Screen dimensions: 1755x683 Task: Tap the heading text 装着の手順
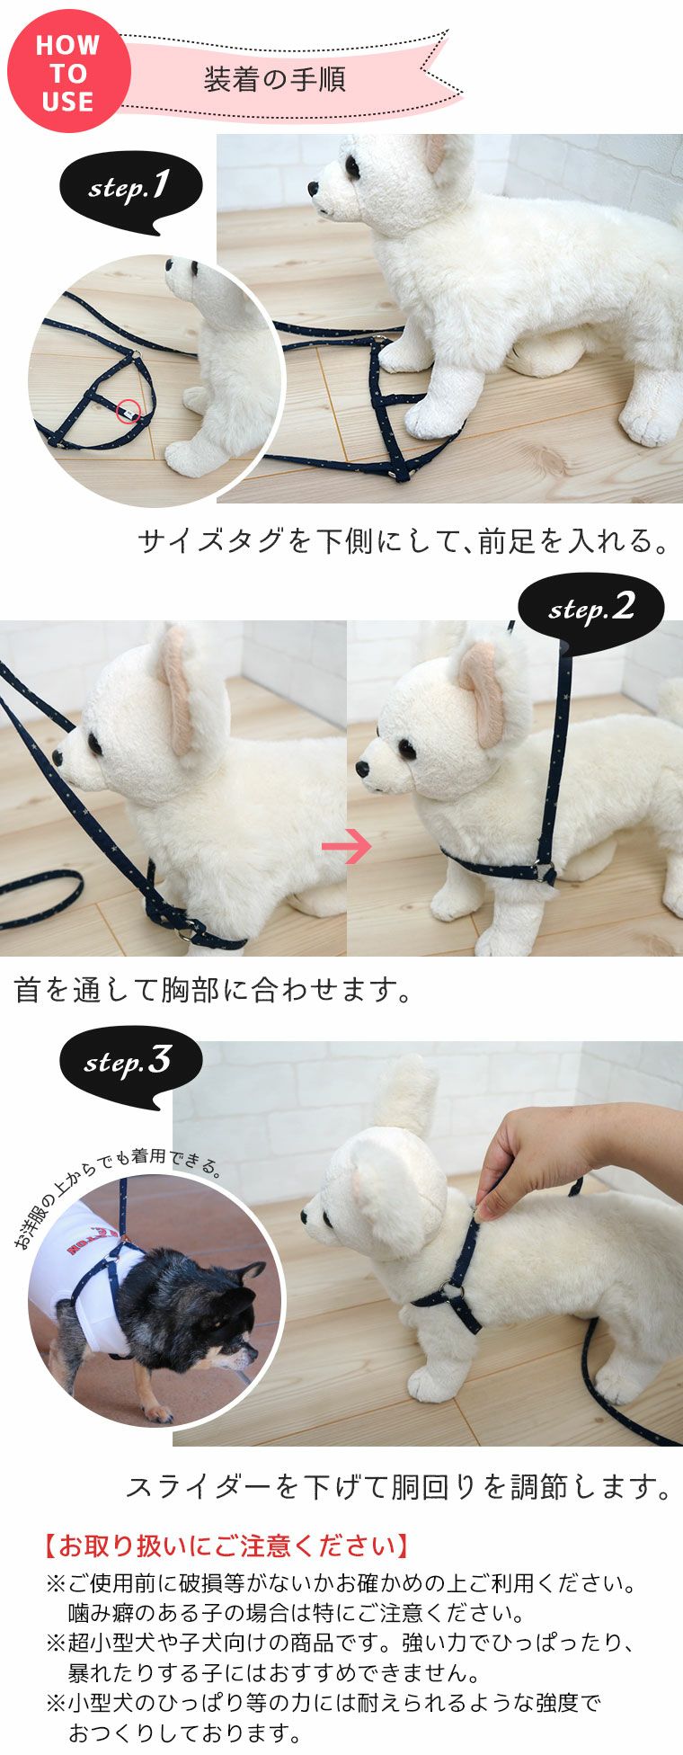coord(274,80)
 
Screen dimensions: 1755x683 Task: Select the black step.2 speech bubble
coord(590,609)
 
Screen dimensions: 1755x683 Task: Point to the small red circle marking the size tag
coord(129,411)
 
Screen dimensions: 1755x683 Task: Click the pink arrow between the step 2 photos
coord(346,846)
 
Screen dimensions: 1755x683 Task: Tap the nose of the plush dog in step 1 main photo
coord(314,190)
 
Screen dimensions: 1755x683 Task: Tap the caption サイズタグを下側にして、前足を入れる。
coord(404,541)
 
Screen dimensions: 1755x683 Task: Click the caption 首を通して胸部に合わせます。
coord(214,990)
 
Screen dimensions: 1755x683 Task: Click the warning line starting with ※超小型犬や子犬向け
coord(341,1644)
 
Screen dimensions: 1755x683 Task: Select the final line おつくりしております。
coord(184,1733)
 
